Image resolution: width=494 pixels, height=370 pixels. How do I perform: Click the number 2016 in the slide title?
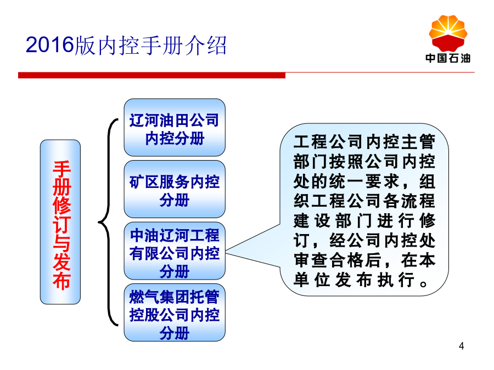[x=49, y=45]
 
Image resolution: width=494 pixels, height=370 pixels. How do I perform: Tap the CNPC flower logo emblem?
[x=448, y=33]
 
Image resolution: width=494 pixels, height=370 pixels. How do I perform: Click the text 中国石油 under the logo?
[x=448, y=58]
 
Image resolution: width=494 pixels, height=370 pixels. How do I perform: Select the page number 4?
[x=461, y=346]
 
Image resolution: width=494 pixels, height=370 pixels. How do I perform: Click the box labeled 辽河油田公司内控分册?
[x=175, y=127]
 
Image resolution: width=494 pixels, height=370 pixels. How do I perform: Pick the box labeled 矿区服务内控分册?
[x=175, y=189]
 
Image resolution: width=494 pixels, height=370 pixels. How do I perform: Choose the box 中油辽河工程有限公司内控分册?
[x=175, y=251]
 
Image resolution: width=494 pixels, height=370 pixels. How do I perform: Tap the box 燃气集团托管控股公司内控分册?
[x=175, y=312]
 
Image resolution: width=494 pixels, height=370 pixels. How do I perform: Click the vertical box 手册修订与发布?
[x=60, y=222]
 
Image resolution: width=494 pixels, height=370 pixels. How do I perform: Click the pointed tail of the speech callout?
[x=226, y=253]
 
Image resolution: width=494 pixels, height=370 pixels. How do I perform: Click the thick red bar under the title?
[x=151, y=76]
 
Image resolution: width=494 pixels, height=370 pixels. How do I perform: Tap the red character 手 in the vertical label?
[x=61, y=169]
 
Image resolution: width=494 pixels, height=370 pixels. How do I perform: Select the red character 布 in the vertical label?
[x=61, y=281]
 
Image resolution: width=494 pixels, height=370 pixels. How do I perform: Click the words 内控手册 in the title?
[x=130, y=45]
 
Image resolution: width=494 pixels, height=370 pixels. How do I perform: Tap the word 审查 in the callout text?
[x=311, y=260]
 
